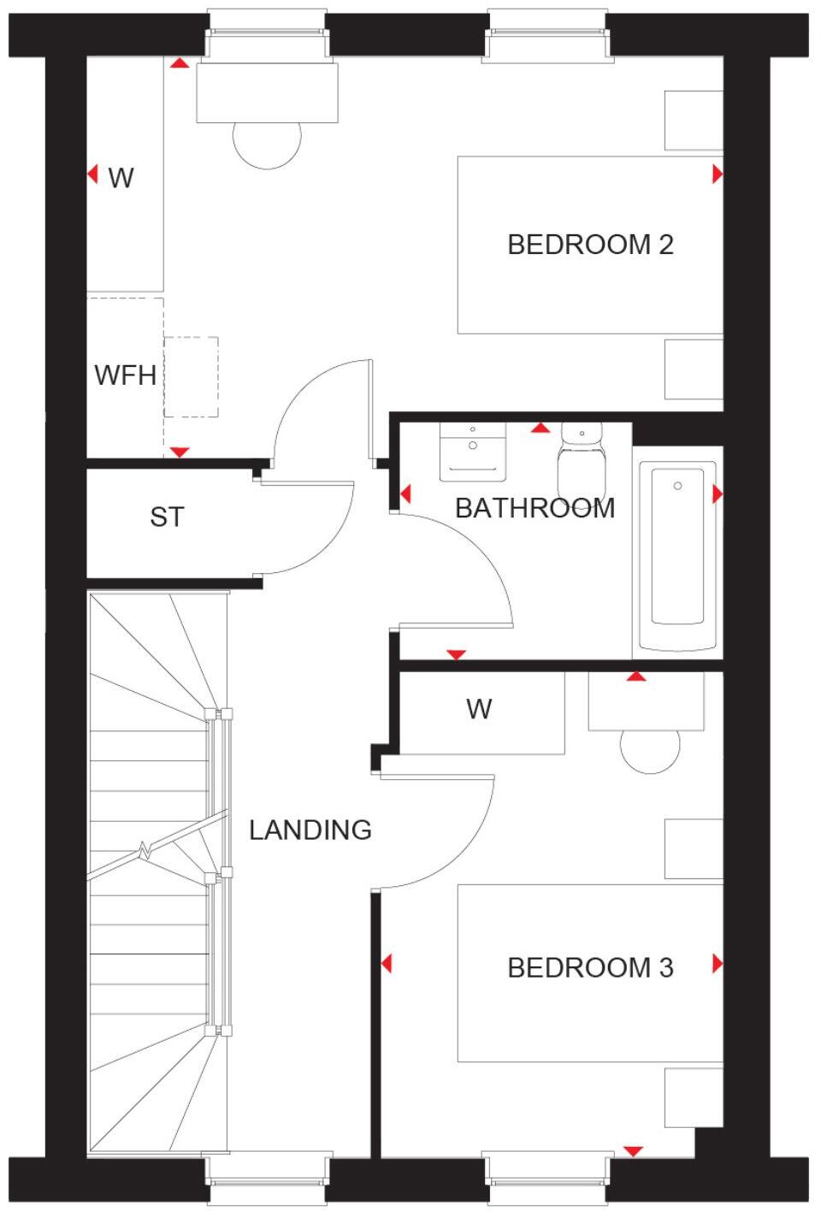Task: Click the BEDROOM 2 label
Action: point(590,245)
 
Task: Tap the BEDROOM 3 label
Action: point(590,967)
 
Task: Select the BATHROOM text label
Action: point(535,508)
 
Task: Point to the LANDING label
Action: point(310,830)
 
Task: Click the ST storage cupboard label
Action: point(167,517)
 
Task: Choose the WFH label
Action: point(125,375)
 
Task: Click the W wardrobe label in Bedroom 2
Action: point(121,177)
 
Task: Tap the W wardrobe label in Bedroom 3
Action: point(479,708)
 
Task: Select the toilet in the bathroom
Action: point(582,462)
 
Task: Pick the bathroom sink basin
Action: point(473,451)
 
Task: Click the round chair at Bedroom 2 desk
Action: point(268,141)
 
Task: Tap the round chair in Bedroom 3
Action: point(650,751)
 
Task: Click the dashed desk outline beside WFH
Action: point(191,376)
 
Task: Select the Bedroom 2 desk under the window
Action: point(267,92)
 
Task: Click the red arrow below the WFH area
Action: point(180,452)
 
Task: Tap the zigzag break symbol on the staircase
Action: point(145,851)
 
